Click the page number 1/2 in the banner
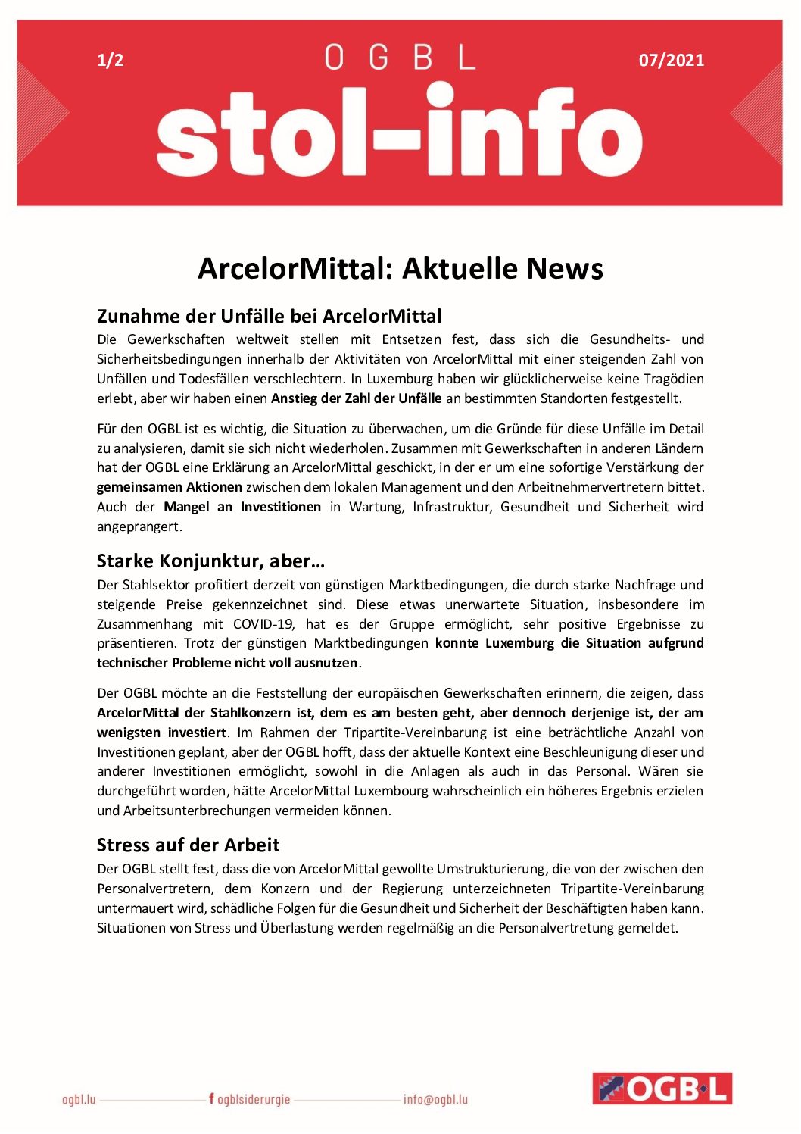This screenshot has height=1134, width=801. (111, 61)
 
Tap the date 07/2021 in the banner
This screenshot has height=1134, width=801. (671, 61)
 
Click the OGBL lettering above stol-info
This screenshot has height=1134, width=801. (400, 58)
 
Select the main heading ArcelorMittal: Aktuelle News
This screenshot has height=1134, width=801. (400, 269)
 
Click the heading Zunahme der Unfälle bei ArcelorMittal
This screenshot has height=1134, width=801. (269, 316)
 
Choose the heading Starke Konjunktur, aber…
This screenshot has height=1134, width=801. (210, 561)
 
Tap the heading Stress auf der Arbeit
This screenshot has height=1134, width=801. (188, 845)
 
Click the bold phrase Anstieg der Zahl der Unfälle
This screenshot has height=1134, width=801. (356, 398)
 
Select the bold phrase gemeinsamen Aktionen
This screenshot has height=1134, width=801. (170, 487)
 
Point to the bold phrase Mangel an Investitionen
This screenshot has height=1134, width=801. (242, 507)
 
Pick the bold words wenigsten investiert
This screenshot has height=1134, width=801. (161, 733)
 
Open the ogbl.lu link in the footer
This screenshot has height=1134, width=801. (79, 1099)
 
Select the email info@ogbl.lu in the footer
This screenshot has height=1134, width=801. (435, 1099)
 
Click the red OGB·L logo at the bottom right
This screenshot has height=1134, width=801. (662, 1089)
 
